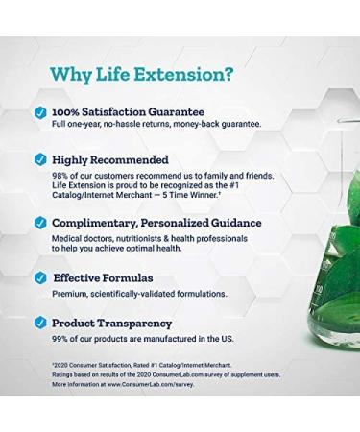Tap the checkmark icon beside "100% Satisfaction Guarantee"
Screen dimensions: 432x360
39,113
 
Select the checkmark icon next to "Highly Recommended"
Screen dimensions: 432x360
39,159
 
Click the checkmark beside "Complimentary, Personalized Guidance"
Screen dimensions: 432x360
39,223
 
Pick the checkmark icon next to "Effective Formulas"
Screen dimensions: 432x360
39,278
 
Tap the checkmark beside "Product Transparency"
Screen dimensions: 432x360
39,324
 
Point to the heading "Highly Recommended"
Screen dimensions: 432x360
110,159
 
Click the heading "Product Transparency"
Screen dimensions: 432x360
111,324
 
